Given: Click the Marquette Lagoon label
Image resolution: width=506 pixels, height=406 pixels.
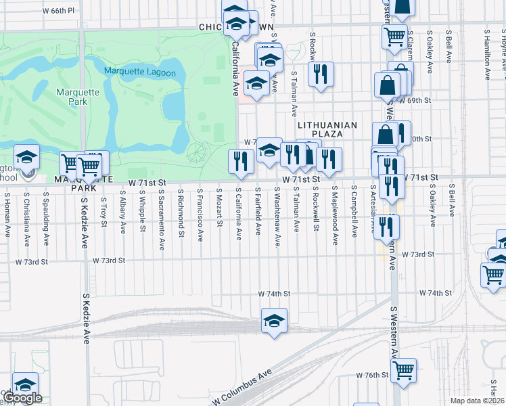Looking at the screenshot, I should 140,72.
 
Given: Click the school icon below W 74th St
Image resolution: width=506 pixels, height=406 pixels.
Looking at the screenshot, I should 274,321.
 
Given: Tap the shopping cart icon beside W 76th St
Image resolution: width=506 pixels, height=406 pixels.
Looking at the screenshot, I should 403,370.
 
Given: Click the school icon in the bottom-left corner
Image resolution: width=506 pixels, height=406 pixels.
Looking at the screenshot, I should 25,384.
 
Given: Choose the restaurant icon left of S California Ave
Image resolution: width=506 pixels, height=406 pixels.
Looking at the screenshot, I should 241,161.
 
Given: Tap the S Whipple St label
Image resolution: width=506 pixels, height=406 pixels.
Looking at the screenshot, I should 142,210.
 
